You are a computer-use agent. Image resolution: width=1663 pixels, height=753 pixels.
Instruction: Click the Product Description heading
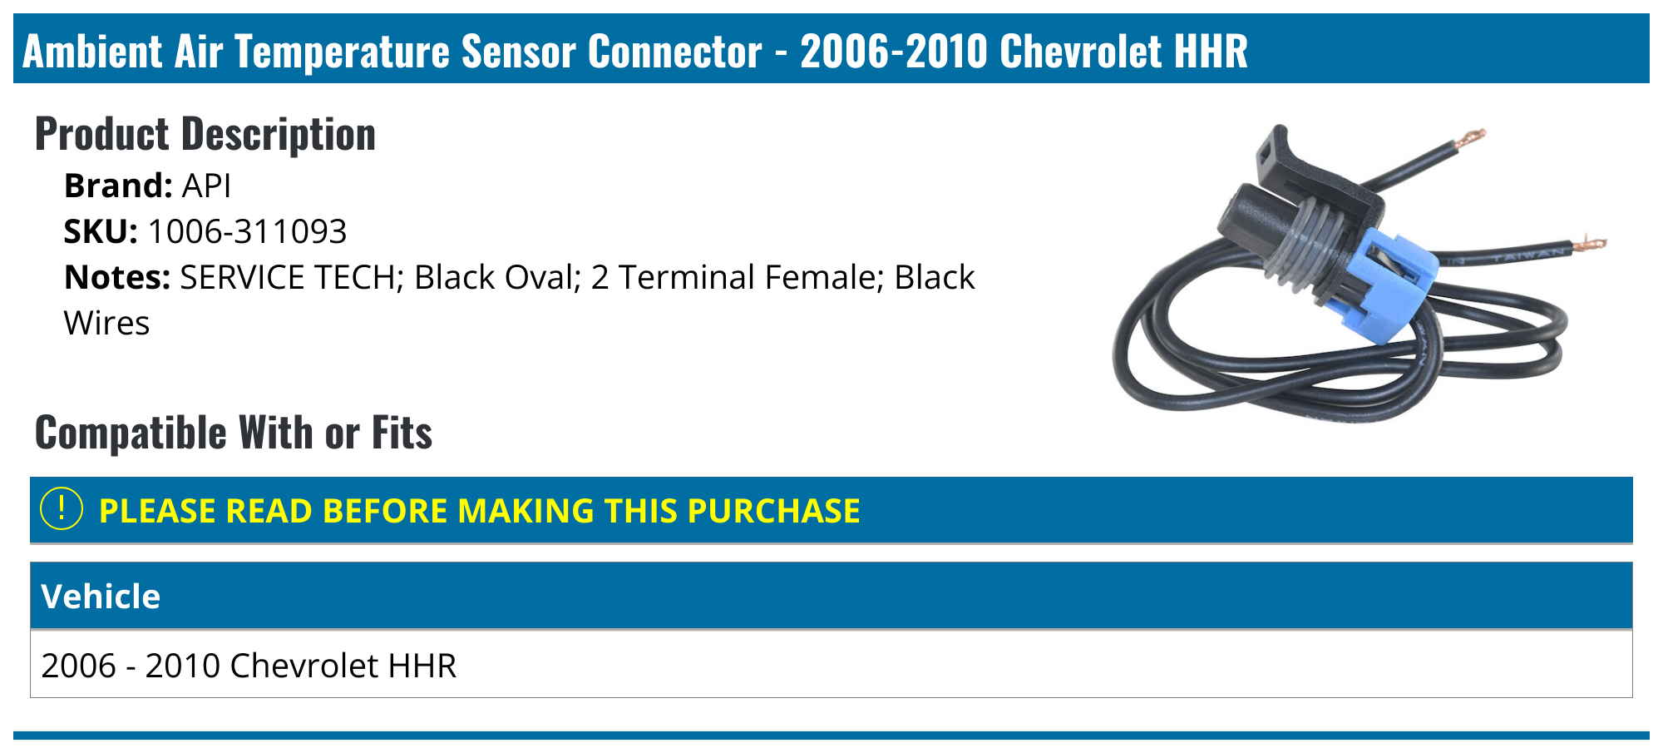pos(205,134)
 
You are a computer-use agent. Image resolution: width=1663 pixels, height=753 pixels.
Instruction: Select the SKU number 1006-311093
pos(247,231)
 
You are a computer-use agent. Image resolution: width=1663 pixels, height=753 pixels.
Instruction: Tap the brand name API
pos(206,186)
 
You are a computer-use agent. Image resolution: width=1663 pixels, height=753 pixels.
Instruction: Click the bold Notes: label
pos(117,277)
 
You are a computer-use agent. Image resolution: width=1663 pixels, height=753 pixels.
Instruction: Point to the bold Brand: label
pos(118,186)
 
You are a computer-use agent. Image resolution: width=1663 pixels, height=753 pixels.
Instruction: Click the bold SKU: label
pos(101,231)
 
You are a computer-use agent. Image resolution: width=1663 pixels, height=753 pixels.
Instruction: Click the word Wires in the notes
pos(106,323)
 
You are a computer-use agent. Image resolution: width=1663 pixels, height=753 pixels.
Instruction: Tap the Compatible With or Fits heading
pos(234,433)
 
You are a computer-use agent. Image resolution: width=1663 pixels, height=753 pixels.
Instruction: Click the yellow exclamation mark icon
pos(62,509)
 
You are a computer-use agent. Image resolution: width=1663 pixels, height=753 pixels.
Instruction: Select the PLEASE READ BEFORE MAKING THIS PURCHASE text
pos(479,510)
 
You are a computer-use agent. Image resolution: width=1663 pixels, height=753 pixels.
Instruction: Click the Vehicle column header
pos(101,596)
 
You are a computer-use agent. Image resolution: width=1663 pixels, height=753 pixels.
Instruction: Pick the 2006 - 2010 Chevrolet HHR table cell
pos(249,665)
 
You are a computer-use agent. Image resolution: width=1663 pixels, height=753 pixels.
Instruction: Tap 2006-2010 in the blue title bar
pos(894,51)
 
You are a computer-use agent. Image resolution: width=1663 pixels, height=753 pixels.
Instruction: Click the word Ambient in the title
pos(92,51)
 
